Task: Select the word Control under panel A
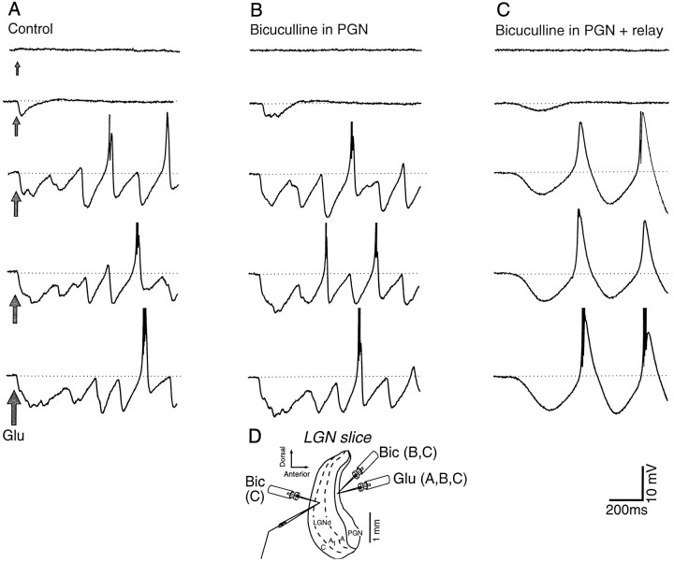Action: tap(29, 28)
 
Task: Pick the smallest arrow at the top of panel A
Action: tap(16, 67)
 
